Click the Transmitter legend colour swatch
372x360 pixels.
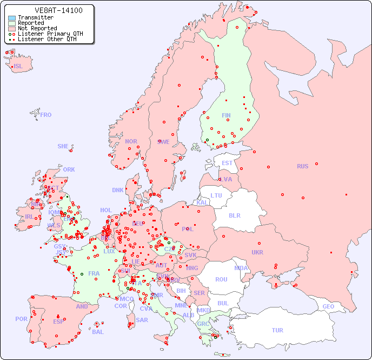12,17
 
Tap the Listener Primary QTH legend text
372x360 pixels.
50,34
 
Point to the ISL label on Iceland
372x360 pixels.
18,67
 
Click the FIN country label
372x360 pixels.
226,115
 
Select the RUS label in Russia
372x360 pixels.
302,166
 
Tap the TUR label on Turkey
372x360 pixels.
277,330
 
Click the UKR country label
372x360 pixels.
257,252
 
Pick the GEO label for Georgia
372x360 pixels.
328,306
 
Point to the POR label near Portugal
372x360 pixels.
21,319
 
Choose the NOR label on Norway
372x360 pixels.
131,141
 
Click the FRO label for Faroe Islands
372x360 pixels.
46,115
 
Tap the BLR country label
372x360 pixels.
235,215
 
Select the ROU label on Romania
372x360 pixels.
221,279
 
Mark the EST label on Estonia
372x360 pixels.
227,163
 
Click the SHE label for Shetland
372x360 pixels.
63,146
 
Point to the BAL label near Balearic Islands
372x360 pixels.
98,332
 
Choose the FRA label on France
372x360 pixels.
94,273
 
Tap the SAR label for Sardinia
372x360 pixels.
142,320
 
